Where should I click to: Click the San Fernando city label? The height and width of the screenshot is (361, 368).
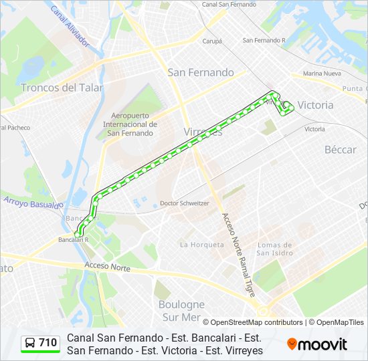click(x=201, y=72)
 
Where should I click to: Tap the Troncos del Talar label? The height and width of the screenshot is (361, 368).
click(x=62, y=88)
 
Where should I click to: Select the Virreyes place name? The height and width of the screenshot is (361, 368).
click(x=203, y=132)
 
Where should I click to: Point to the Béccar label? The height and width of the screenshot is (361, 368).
click(x=340, y=150)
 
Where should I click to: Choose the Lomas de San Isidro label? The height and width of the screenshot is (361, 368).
click(x=274, y=249)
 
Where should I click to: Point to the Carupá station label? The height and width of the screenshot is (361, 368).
click(x=212, y=41)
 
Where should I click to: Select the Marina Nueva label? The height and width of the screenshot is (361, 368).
click(x=322, y=74)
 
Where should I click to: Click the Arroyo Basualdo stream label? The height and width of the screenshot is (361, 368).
click(x=32, y=201)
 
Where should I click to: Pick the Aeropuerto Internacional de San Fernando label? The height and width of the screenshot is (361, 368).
click(x=130, y=124)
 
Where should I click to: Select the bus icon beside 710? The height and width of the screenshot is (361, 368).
click(x=30, y=343)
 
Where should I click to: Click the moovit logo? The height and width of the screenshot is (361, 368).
click(x=317, y=344)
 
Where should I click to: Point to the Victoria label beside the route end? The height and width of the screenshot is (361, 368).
click(x=315, y=105)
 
